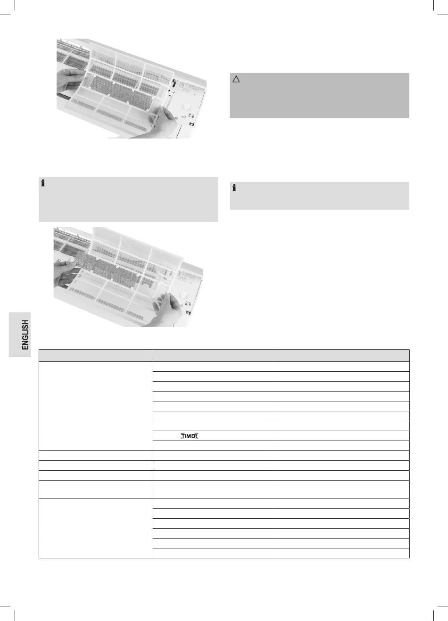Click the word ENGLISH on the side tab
pos(25,335)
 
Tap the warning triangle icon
pos(236,79)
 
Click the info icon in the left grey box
pos(43,183)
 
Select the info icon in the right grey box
pos(234,188)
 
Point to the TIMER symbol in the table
pos(190,436)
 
